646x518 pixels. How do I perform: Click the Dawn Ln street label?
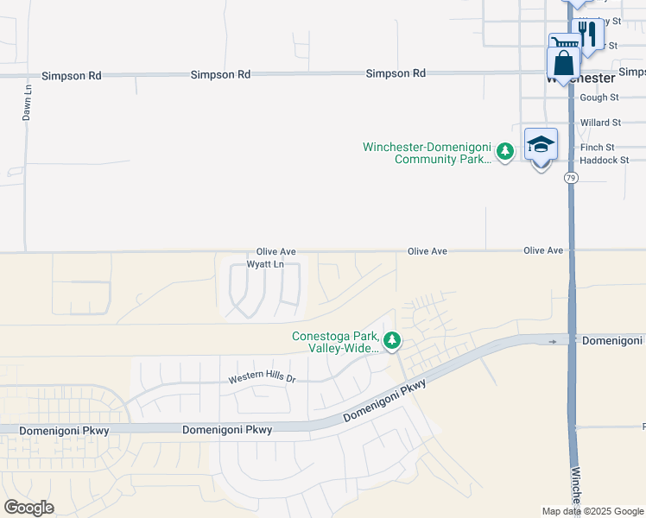click(28, 101)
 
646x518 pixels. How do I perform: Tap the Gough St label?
click(600, 98)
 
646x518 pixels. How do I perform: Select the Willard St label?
click(600, 123)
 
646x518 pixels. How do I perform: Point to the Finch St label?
click(598, 148)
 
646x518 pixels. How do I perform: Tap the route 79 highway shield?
click(571, 178)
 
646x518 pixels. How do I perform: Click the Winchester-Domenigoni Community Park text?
click(427, 153)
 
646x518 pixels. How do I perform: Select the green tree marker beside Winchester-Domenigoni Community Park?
click(505, 152)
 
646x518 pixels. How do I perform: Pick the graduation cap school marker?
click(541, 145)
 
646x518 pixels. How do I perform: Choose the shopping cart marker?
click(566, 44)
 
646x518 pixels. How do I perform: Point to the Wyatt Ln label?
click(265, 264)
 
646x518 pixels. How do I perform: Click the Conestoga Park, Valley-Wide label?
click(335, 342)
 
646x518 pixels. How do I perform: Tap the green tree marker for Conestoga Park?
click(392, 341)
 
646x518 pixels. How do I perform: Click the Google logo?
click(28, 508)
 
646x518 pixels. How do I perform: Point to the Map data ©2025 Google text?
click(592, 511)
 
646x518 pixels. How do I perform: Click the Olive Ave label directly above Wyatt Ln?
click(276, 251)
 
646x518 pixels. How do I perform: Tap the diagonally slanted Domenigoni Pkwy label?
click(385, 402)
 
